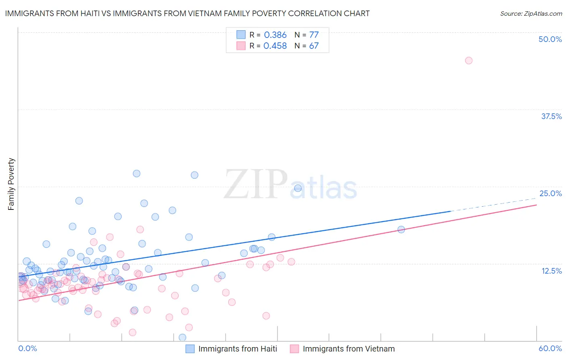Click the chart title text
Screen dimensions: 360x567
187,14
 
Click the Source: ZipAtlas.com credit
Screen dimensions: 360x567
531,14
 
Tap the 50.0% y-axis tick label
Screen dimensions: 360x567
550,39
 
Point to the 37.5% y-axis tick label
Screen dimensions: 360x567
551,116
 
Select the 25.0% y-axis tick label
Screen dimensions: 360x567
550,193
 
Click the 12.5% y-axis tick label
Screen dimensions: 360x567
551,271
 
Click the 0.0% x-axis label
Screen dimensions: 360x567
27,348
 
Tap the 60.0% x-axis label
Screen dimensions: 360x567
550,348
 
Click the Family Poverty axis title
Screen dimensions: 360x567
11,184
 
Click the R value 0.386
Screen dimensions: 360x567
275,35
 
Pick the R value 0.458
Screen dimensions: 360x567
275,46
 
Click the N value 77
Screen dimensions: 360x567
314,35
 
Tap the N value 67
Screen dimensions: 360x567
314,46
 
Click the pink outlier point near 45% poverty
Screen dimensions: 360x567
469,61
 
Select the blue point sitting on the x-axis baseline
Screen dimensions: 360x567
182,337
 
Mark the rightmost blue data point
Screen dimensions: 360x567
401,229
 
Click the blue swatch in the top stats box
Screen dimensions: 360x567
241,35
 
